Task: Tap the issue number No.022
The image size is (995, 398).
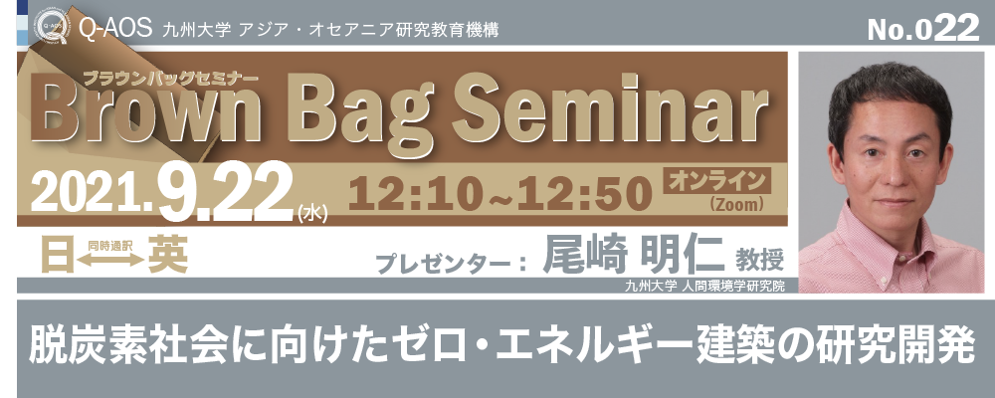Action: [x=923, y=28]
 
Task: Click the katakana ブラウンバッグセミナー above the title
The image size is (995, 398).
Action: [x=170, y=77]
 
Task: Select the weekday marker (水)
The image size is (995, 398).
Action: [x=312, y=214]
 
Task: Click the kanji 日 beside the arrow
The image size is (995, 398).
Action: [x=57, y=256]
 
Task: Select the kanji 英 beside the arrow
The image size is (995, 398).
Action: [x=168, y=256]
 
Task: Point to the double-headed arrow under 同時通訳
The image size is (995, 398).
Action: [x=111, y=260]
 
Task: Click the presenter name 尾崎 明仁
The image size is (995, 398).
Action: [x=633, y=256]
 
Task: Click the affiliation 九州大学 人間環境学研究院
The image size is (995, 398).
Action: [x=704, y=287]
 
